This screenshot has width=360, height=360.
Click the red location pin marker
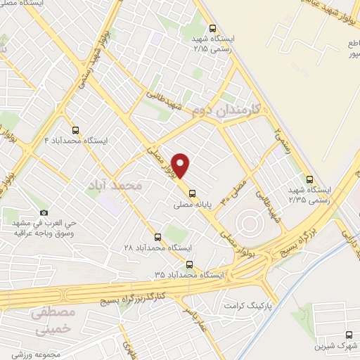[182, 165]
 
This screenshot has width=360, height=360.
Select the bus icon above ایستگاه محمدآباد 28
[157, 237]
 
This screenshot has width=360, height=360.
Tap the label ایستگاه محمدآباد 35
[189, 275]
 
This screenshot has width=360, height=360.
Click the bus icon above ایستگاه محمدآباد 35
[189, 264]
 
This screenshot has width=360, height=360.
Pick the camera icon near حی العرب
[44, 213]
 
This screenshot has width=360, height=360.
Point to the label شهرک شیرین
[335, 346]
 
